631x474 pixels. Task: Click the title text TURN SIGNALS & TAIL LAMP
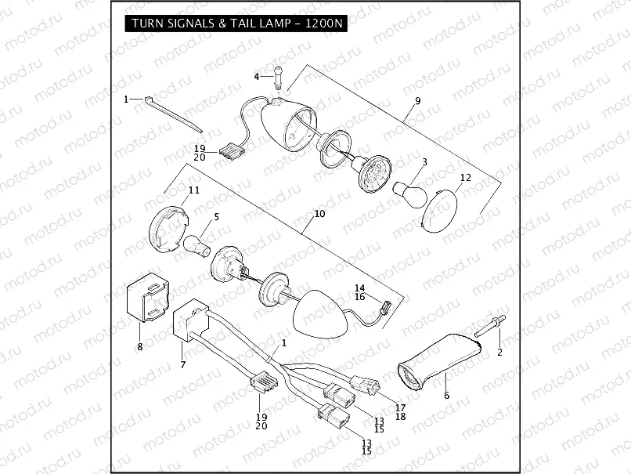pos(235,24)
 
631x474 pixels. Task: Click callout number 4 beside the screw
pos(256,76)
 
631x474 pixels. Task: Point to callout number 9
pos(417,101)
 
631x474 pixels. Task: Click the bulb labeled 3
pos(406,190)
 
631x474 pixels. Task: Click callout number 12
pos(465,178)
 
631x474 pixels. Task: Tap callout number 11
pos(193,190)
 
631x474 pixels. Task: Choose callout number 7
pos(182,364)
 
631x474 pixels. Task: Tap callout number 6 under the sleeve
pos(447,395)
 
